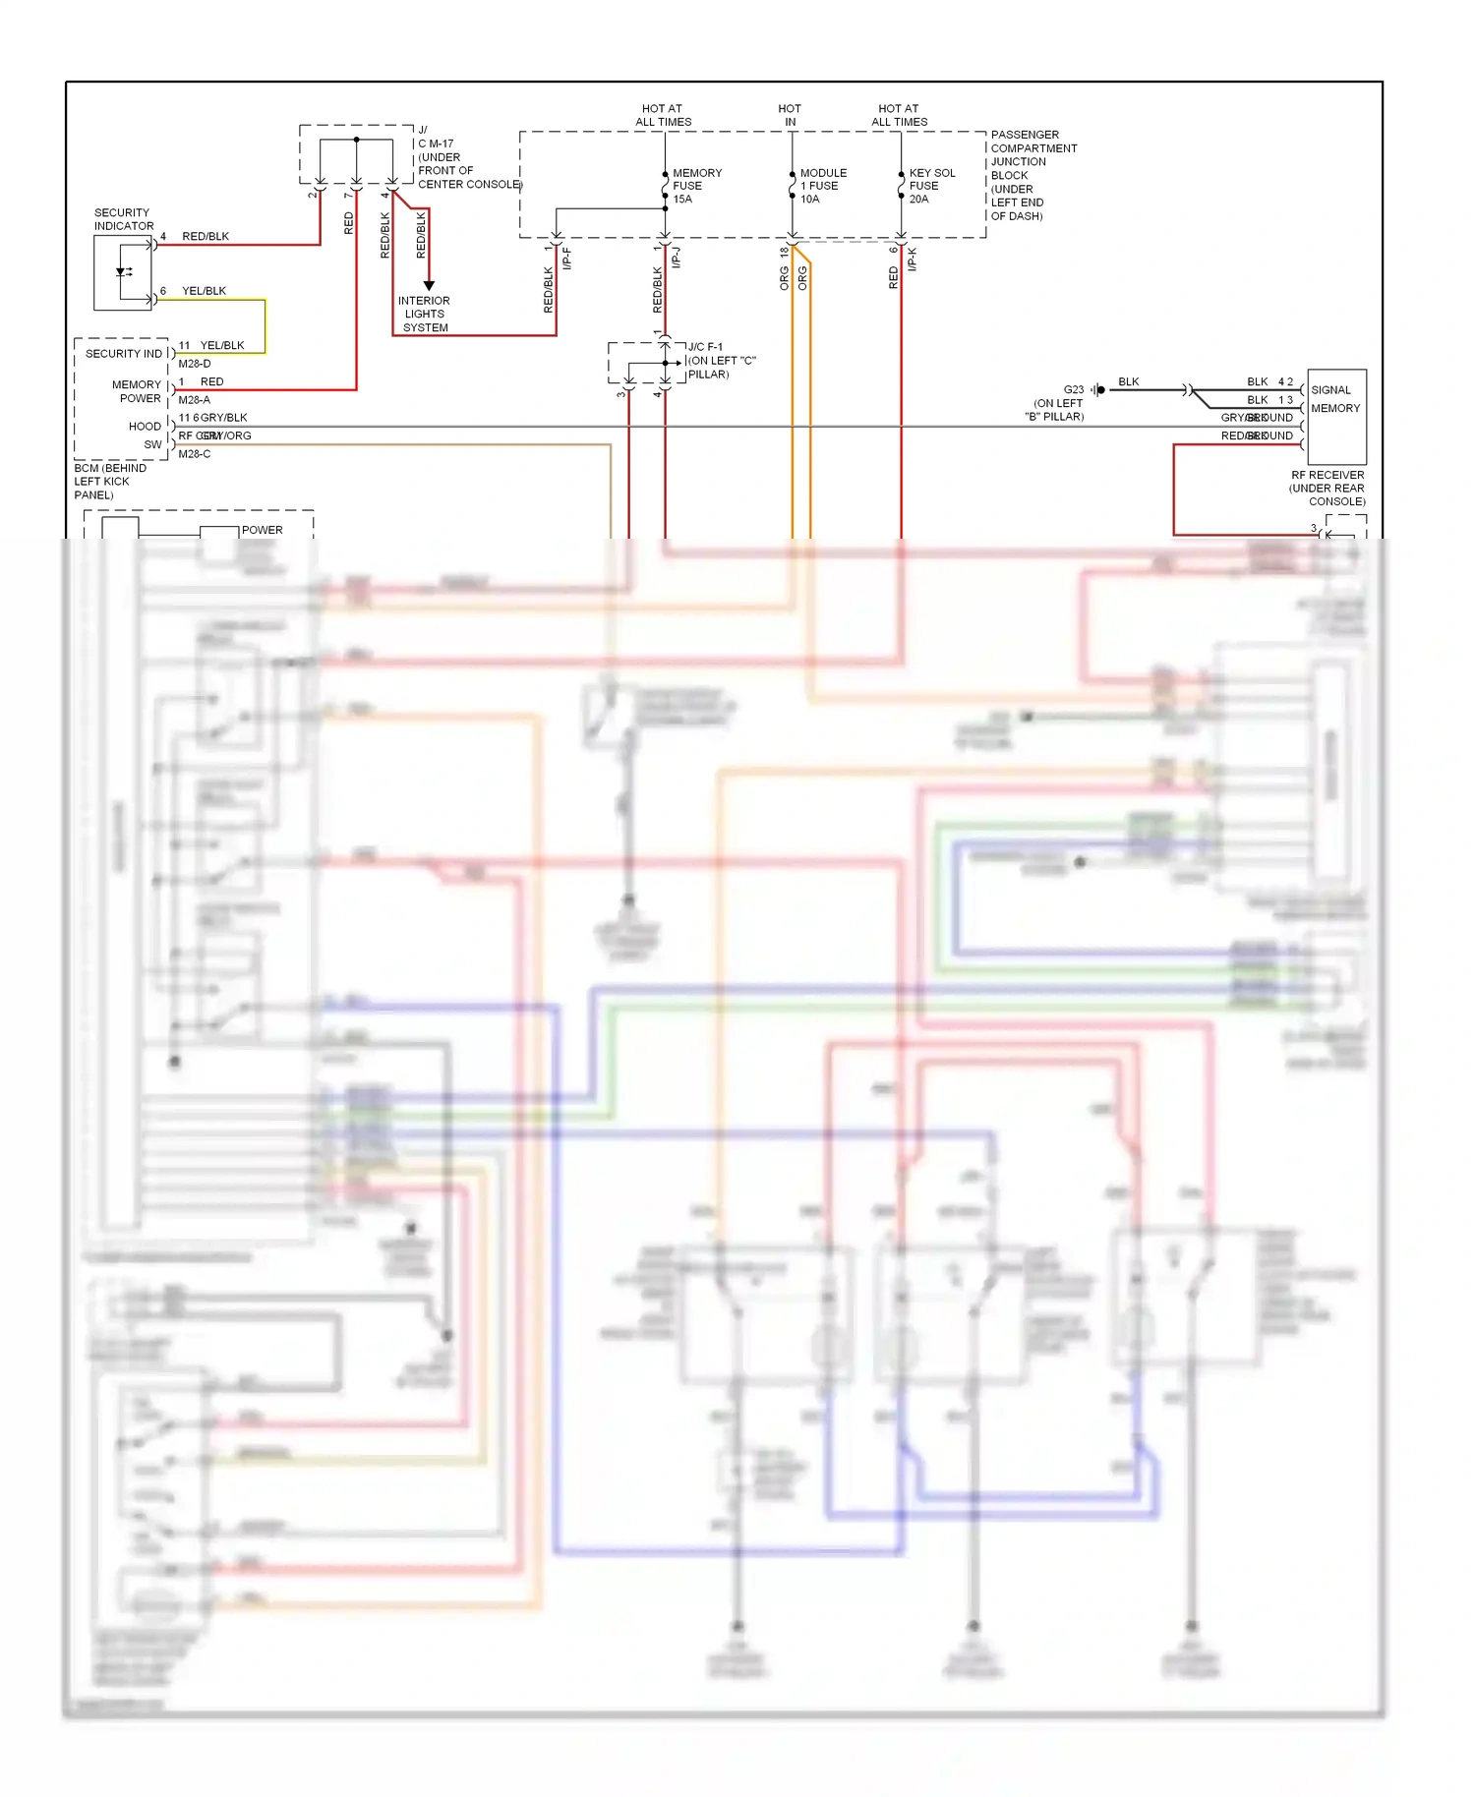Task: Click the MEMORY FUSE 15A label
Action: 696,186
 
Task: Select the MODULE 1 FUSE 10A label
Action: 822,186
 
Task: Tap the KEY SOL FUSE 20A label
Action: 930,186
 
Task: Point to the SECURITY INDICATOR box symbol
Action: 123,272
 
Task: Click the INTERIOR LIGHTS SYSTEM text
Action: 424,315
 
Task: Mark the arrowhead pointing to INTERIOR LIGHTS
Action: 429,285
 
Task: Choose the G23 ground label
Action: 1073,389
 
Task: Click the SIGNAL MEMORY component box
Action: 1336,416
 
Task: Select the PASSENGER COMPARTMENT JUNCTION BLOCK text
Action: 1032,175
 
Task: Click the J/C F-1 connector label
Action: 705,347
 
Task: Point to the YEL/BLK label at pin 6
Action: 204,291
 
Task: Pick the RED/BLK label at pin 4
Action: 205,237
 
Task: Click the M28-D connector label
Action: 194,364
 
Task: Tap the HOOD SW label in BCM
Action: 146,435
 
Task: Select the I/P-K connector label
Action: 913,260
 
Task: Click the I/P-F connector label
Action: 567,260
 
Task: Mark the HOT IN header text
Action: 790,115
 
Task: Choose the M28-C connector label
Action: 194,454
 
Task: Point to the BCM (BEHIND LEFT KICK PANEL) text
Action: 109,482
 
